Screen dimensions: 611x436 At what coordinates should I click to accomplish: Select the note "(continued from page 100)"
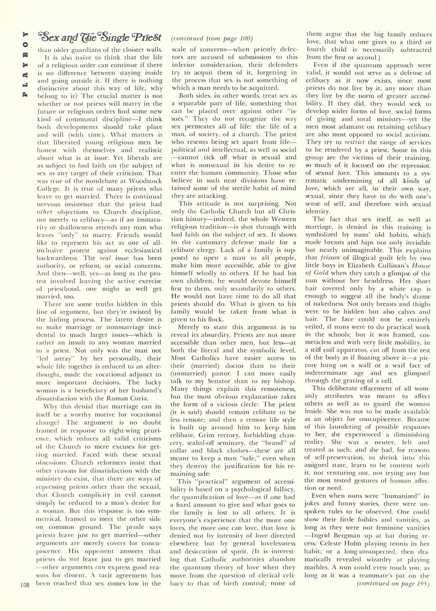[212, 39]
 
